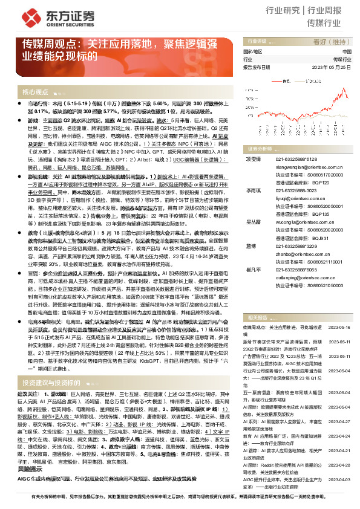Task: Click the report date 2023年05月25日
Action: pos(332,68)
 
